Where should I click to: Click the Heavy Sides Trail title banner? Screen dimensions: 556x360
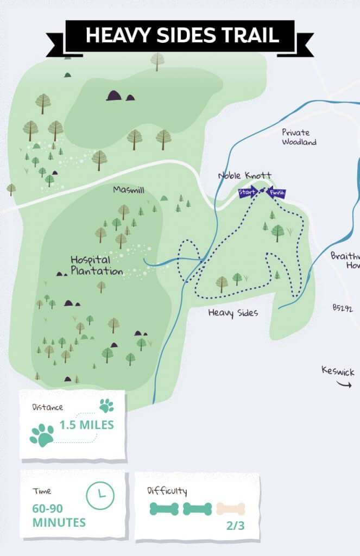pyautogui.click(x=181, y=35)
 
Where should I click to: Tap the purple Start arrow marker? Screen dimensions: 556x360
pyautogui.click(x=248, y=192)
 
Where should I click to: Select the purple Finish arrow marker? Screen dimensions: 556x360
pyautogui.click(x=276, y=193)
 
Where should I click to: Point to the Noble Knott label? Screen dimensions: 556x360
pyautogui.click(x=244, y=176)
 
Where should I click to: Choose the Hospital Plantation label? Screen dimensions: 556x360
pyautogui.click(x=96, y=266)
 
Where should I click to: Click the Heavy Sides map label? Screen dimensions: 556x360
pyautogui.click(x=233, y=313)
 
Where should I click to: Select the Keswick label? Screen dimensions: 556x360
pyautogui.click(x=337, y=371)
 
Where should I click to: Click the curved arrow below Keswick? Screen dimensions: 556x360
pyautogui.click(x=344, y=384)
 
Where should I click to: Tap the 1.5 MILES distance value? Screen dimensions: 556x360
pyautogui.click(x=86, y=425)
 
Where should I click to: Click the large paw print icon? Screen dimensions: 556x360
pyautogui.click(x=42, y=435)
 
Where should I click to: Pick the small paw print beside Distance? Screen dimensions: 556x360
pyautogui.click(x=106, y=405)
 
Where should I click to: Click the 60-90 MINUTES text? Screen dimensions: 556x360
pyautogui.click(x=59, y=516)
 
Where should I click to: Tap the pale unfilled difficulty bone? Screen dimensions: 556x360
pyautogui.click(x=231, y=509)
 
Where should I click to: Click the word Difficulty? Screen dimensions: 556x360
pyautogui.click(x=167, y=491)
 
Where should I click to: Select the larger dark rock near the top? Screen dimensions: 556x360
pyautogui.click(x=113, y=96)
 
